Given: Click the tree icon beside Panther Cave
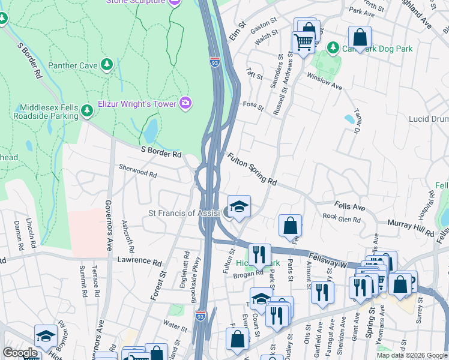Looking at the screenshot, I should click(107, 64).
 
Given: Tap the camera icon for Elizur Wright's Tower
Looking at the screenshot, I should click(186, 104).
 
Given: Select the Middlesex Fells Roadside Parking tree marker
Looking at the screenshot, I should click(86, 110).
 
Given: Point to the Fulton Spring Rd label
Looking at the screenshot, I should click(252, 169).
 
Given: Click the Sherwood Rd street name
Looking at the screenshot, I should click(137, 172).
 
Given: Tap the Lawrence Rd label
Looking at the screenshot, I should click(140, 262).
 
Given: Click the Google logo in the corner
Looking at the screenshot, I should click(20, 353).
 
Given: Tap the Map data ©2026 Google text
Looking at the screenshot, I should click(411, 355).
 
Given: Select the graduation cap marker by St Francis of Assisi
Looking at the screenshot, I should click(239, 206).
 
